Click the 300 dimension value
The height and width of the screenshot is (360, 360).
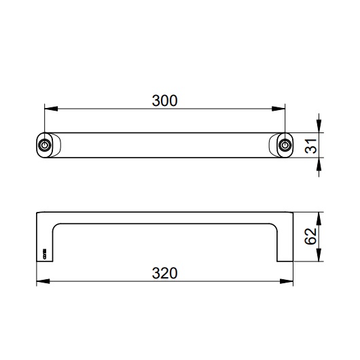(164, 101)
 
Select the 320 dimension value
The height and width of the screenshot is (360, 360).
(164, 272)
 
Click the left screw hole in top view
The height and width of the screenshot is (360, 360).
(45, 145)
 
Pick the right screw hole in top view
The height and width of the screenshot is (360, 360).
(283, 145)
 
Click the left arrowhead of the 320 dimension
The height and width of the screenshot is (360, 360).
(40, 281)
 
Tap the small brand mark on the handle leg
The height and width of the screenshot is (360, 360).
(45, 255)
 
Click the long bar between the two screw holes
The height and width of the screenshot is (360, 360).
(164, 145)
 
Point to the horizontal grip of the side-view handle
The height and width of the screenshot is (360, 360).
(164, 217)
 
